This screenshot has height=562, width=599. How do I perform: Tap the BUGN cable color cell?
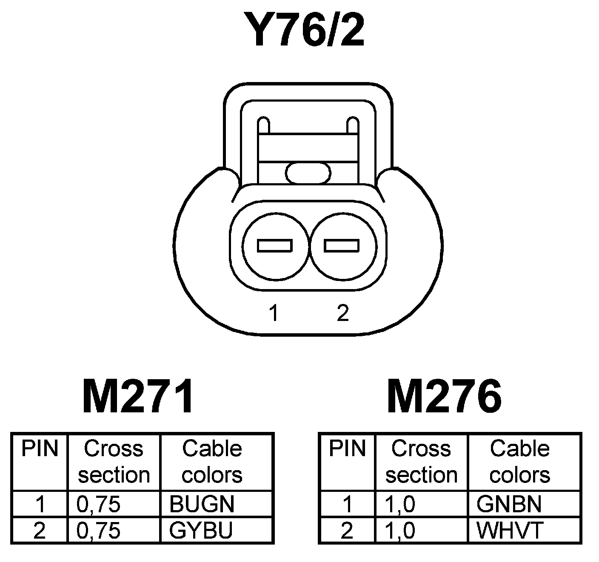click(x=202, y=504)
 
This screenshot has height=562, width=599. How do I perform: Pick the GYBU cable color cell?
click(x=201, y=530)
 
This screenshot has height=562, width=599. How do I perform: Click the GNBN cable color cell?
click(x=509, y=504)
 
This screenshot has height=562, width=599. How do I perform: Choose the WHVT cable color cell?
click(x=510, y=530)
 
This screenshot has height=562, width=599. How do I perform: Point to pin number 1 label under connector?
click(x=274, y=313)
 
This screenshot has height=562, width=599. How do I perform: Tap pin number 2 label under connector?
click(x=342, y=313)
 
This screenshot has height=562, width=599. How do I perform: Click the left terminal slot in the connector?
click(x=275, y=246)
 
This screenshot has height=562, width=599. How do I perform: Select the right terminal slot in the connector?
click(x=342, y=246)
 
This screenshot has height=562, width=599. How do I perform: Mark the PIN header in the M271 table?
click(x=40, y=449)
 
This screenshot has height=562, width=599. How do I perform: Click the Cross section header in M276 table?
click(x=421, y=462)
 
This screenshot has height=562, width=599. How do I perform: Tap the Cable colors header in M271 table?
click(x=212, y=462)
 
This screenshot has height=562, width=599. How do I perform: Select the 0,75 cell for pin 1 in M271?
click(x=99, y=504)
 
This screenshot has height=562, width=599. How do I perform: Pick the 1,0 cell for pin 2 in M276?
click(x=400, y=530)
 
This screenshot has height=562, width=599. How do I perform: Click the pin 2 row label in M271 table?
click(x=40, y=530)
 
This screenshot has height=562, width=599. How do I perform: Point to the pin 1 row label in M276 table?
click(x=347, y=504)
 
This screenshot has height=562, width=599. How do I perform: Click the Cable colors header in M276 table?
click(x=519, y=462)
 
